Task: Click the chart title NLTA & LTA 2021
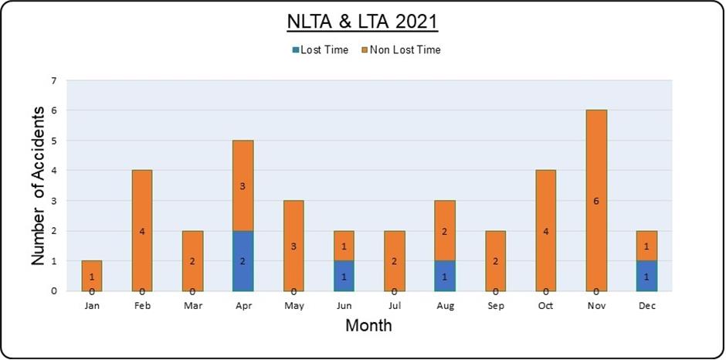[362, 22]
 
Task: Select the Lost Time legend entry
[320, 50]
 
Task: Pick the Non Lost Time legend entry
[401, 50]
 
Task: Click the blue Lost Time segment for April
[243, 261]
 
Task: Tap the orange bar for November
[596, 201]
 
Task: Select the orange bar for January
[92, 276]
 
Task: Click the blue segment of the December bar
[646, 276]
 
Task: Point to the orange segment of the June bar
[344, 246]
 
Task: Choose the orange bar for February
[142, 231]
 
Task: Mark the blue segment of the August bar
[445, 276]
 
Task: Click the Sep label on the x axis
[495, 306]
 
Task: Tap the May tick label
[293, 306]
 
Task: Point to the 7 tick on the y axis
[54, 80]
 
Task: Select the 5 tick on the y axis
[54, 141]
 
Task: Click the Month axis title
[368, 325]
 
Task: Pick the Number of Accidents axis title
[38, 185]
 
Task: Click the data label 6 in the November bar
[596, 201]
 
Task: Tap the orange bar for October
[546, 231]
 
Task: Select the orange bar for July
[395, 261]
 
